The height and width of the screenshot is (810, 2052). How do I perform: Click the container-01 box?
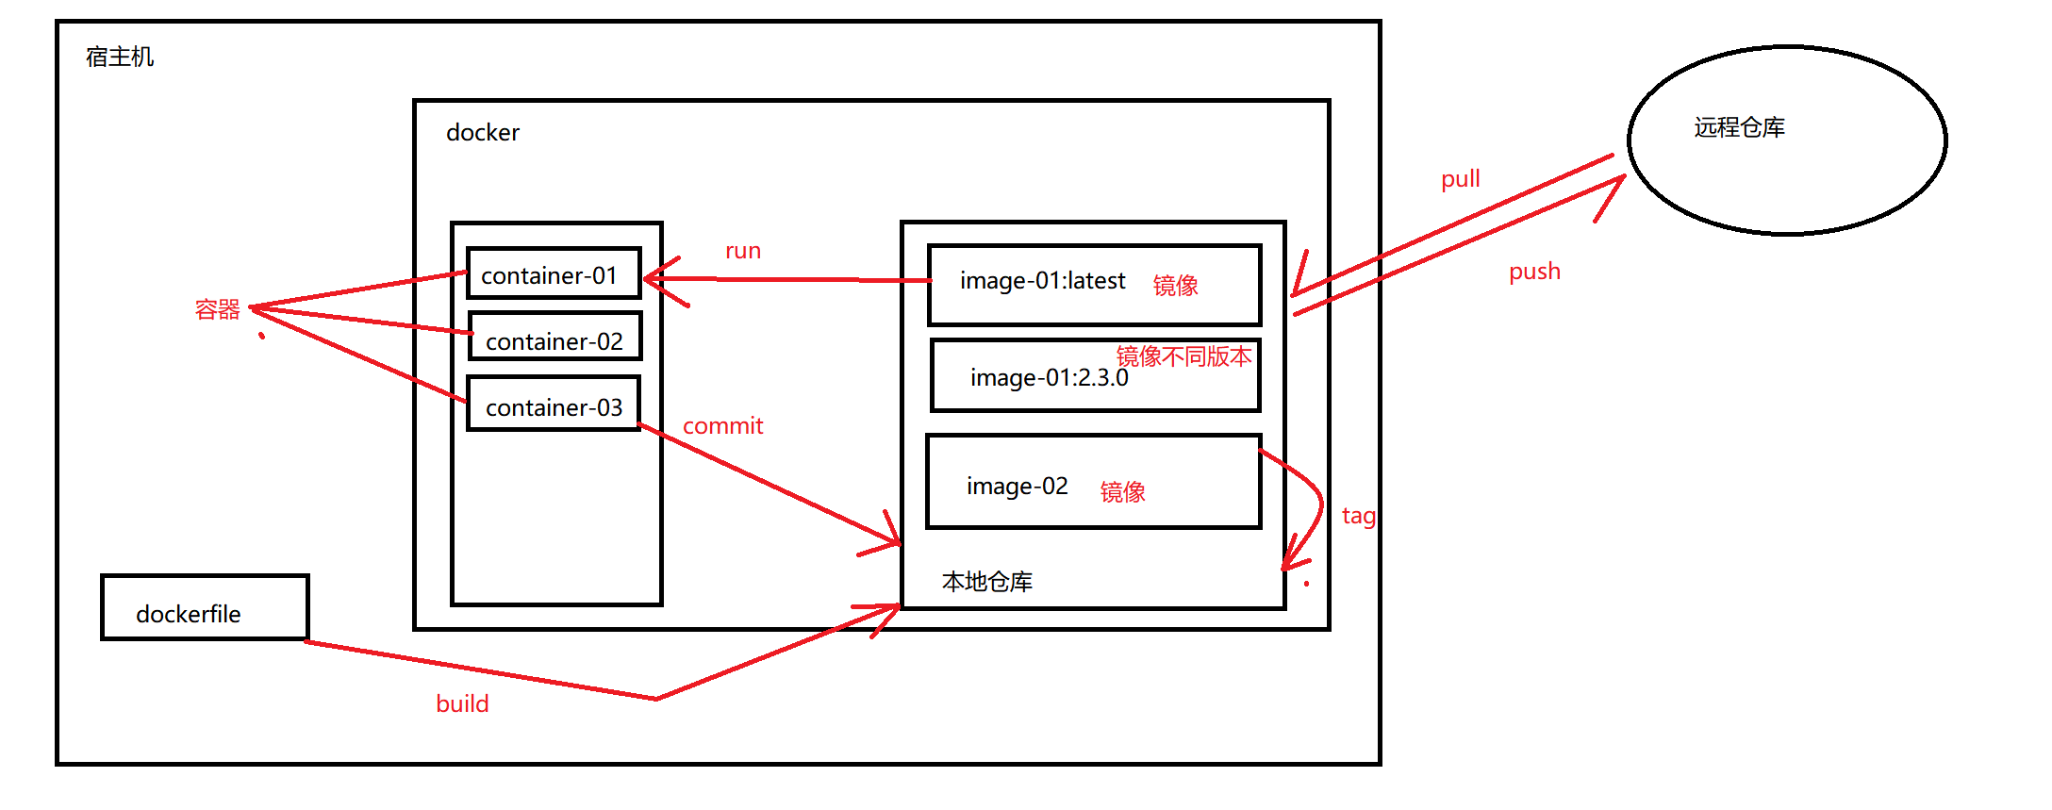[x=554, y=273]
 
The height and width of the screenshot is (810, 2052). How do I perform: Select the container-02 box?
[x=554, y=338]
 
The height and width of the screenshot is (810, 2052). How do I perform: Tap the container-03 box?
[x=554, y=405]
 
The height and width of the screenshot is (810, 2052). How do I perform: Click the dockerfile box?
[x=205, y=608]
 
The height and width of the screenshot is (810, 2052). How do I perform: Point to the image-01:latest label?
[x=1042, y=281]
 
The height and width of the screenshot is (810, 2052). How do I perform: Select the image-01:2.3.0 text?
[x=1049, y=378]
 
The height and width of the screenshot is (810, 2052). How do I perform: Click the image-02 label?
[x=1017, y=487]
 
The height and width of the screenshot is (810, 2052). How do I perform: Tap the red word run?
[x=743, y=251]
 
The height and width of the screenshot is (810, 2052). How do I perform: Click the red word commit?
[x=722, y=426]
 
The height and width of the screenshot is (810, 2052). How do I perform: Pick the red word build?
[x=462, y=704]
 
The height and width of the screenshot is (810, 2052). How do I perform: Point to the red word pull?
[x=1460, y=179]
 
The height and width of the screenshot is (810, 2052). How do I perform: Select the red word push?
[x=1534, y=272]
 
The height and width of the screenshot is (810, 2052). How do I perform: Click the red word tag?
[x=1358, y=517]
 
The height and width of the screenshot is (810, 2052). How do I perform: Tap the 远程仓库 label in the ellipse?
[x=1739, y=127]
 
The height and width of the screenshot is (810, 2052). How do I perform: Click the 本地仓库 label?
[x=986, y=582]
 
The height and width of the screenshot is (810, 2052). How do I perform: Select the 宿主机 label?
[x=120, y=58]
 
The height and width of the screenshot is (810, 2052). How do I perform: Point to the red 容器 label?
[x=218, y=309]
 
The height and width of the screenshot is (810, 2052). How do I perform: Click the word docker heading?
[x=482, y=133]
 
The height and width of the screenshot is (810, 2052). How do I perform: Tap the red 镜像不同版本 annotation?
[x=1183, y=356]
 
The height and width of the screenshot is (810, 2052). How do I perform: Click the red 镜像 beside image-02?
[x=1122, y=491]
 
